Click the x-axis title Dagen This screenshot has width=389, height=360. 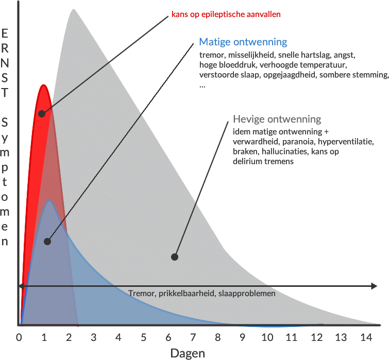[x=188, y=353]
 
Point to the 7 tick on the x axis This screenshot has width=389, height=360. [x=193, y=337]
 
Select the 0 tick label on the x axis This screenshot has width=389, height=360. [x=19, y=337]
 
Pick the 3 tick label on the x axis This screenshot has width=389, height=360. [x=94, y=337]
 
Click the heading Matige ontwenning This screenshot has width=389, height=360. [x=243, y=42]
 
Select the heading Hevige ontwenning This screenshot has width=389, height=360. [x=277, y=119]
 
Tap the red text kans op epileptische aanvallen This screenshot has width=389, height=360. [x=226, y=14]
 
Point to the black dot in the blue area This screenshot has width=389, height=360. [x=47, y=241]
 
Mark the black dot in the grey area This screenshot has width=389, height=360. [x=175, y=256]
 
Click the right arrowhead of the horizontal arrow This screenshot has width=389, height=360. [x=374, y=286]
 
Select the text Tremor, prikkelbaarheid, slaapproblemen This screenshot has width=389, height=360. [x=201, y=293]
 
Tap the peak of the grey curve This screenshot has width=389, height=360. [x=74, y=9]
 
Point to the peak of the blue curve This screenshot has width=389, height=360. [x=49, y=200]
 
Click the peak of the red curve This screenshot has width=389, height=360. [x=43, y=84]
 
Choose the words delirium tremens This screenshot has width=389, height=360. [x=263, y=161]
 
